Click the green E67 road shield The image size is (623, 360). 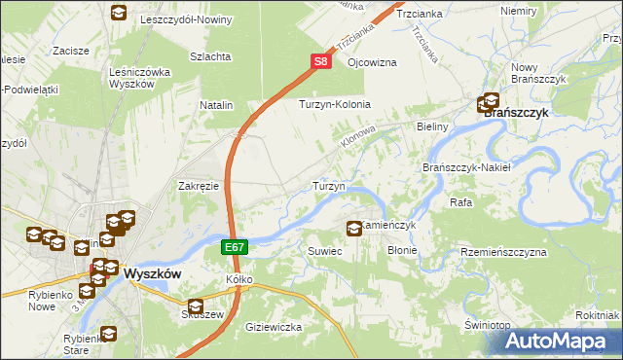pyautogui.click(x=234, y=249)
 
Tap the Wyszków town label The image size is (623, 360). pyautogui.click(x=153, y=274)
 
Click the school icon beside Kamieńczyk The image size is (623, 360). pyautogui.click(x=354, y=229)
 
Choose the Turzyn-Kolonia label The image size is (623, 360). pyautogui.click(x=336, y=104)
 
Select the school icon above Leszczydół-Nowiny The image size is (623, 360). pyautogui.click(x=118, y=13)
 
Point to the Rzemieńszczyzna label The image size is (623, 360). pyautogui.click(x=504, y=252)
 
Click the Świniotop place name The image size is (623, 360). pyautogui.click(x=488, y=324)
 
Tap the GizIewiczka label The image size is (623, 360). pyautogui.click(x=275, y=327)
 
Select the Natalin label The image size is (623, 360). pyautogui.click(x=217, y=104)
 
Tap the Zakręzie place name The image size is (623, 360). pyautogui.click(x=198, y=185)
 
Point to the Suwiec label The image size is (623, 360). pyautogui.click(x=326, y=251)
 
